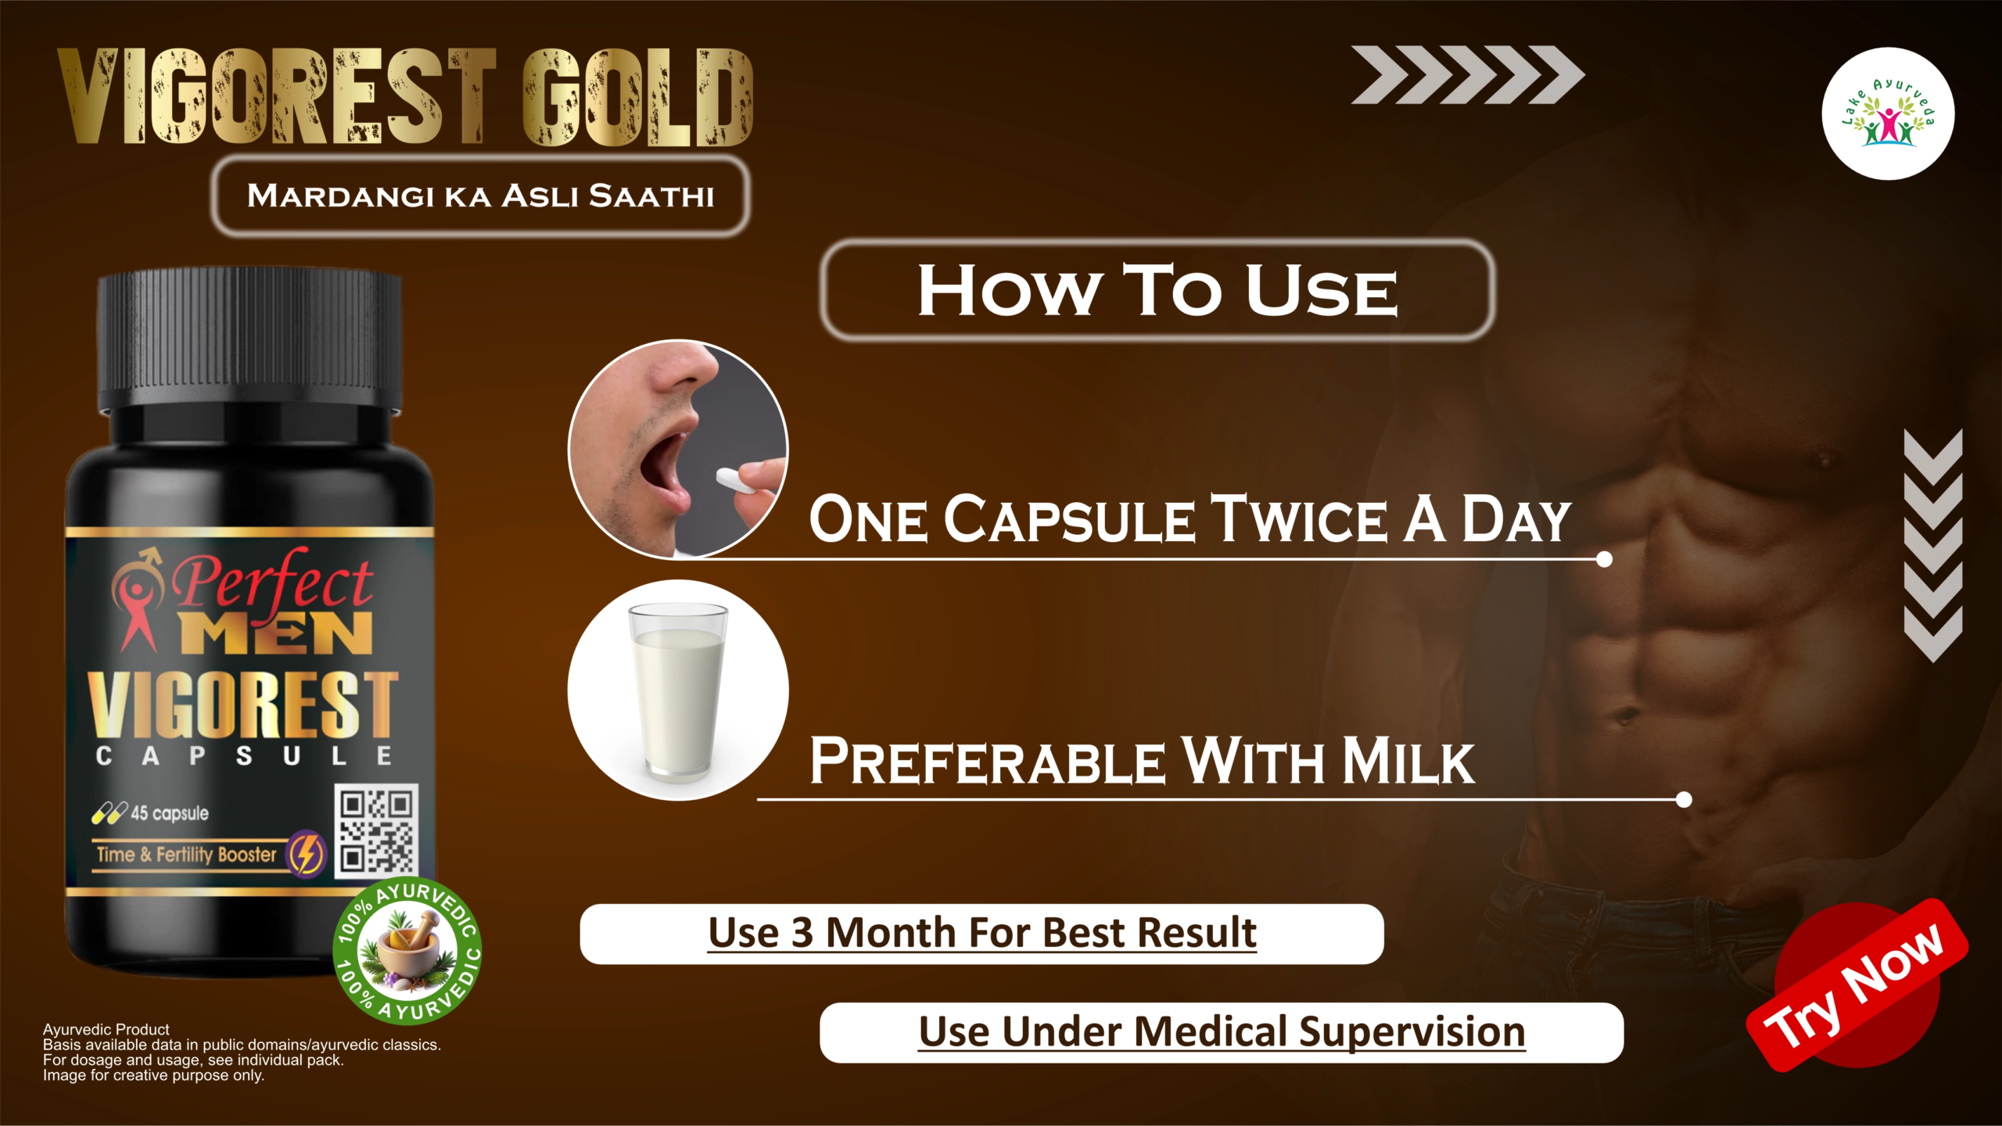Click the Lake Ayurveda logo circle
[1888, 114]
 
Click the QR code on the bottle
[376, 830]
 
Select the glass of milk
[678, 692]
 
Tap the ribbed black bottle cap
[249, 340]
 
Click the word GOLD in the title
[637, 98]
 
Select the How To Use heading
[1157, 291]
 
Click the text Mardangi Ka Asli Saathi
[480, 195]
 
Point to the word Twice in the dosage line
[1298, 520]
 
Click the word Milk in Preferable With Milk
[1408, 761]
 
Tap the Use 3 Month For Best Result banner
[981, 934]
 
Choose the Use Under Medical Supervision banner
[1222, 1032]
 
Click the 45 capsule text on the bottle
[169, 813]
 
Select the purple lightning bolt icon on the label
[307, 854]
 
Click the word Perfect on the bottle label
[272, 583]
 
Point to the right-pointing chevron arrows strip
[1467, 75]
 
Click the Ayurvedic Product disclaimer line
[106, 1029]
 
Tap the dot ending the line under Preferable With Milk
[1684, 799]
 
